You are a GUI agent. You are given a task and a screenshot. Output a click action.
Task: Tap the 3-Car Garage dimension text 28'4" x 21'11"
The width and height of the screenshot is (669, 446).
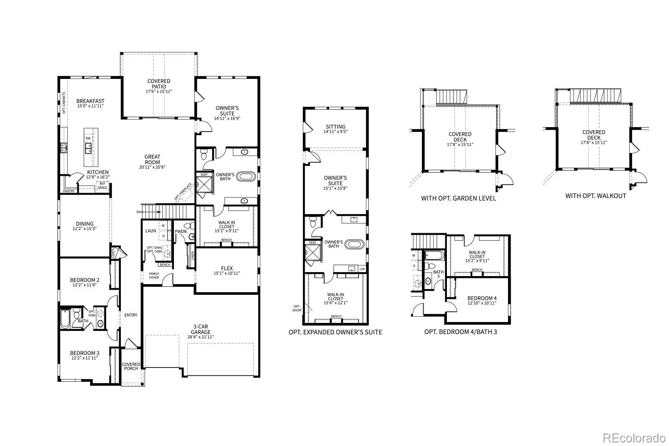(200, 337)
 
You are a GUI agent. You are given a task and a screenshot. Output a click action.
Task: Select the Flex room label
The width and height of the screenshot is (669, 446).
(227, 268)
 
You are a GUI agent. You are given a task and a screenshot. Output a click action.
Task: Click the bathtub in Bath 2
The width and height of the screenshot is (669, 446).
(66, 319)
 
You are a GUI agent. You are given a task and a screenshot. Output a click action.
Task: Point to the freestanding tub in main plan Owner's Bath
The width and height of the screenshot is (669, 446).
(246, 176)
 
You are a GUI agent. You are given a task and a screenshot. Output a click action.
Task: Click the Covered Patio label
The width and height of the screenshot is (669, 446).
(159, 84)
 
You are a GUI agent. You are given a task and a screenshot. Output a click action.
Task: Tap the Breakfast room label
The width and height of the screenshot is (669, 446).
(90, 101)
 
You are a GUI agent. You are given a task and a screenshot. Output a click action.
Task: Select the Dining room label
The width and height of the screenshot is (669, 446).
(84, 224)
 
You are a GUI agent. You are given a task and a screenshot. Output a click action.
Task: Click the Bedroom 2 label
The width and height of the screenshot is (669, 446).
(84, 280)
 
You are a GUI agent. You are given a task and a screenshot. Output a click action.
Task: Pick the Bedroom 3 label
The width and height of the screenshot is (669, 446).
(84, 353)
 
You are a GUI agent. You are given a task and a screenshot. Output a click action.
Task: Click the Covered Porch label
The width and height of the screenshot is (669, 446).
(131, 367)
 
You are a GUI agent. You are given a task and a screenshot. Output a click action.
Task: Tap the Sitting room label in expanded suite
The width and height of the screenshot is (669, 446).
(335, 127)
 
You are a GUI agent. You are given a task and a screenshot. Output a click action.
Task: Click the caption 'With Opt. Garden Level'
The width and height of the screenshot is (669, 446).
(458, 198)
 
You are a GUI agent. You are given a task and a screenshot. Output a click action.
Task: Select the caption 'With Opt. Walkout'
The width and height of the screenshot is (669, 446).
(595, 196)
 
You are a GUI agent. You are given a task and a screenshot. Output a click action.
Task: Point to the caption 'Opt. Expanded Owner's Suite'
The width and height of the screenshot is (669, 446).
(335, 332)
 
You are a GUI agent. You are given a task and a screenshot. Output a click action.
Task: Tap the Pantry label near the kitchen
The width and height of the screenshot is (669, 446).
(69, 191)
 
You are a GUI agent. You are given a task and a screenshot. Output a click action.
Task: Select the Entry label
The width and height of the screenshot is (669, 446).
(131, 315)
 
